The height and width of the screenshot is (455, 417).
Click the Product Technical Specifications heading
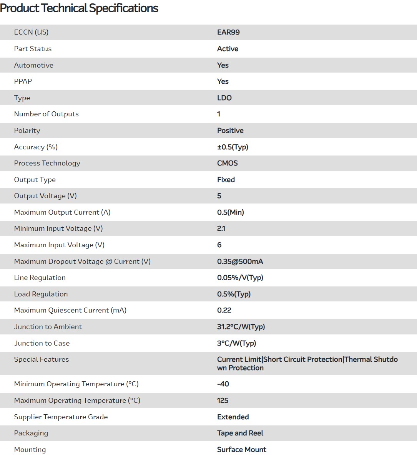point(79,8)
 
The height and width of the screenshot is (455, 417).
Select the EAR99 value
point(228,32)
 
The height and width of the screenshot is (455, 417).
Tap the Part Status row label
point(33,49)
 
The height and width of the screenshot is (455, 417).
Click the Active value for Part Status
point(228,49)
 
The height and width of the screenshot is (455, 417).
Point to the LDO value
point(224,98)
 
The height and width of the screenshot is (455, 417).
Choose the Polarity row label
point(27,131)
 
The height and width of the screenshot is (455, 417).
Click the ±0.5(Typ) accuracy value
point(233,147)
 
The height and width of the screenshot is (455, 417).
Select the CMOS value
point(227,163)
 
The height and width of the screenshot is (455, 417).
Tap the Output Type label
point(35,180)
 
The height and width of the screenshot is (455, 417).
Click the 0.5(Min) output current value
point(230,212)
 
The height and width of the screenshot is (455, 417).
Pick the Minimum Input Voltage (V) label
point(58,228)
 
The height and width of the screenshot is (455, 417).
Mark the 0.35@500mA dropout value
point(240,261)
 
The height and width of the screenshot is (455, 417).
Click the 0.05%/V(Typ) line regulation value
point(240,278)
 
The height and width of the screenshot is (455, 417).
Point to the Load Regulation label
point(41,294)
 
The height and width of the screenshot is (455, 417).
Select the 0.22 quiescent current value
point(224,310)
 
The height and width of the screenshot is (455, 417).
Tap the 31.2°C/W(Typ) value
point(241,327)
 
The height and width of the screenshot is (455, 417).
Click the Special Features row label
point(42,359)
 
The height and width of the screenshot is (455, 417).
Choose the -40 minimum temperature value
point(223,384)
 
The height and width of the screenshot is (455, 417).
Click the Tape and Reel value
point(240,433)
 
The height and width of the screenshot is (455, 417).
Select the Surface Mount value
point(241,450)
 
